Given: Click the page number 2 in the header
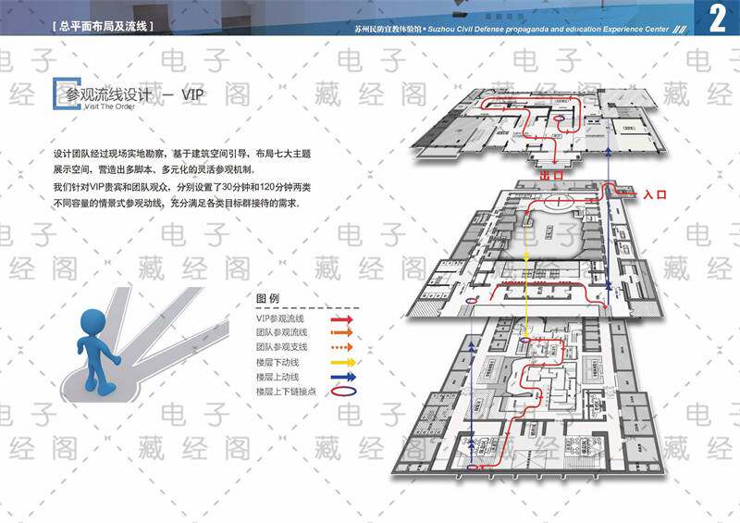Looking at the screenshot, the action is coord(717,19).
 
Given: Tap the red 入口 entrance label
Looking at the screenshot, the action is coord(655,194).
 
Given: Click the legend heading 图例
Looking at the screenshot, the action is coord(267,299).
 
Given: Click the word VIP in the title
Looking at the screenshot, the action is coord(192,94).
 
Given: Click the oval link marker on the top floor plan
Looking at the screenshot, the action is coord(561,119).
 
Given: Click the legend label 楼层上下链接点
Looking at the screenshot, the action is coord(286,392).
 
